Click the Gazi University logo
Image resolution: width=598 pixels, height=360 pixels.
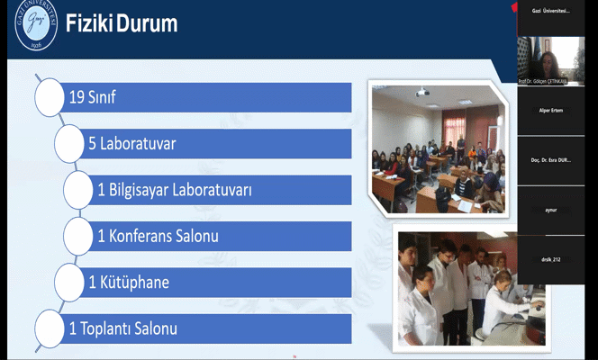point(35,26)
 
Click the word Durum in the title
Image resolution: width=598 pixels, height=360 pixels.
point(145,24)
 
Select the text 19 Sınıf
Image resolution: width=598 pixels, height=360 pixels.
point(93,97)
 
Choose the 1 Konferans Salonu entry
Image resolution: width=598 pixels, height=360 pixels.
point(159,237)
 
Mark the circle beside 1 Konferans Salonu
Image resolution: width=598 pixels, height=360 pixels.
point(78,237)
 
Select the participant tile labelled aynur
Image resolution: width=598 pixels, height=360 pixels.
point(551,210)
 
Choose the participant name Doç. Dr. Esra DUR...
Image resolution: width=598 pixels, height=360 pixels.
point(551,160)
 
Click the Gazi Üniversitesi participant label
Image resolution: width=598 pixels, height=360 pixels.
point(551,11)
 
